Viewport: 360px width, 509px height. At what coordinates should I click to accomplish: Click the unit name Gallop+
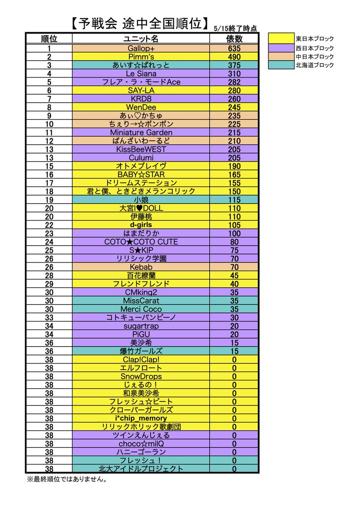[x=141, y=48]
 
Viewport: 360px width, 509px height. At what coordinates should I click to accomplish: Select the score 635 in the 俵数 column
[x=233, y=48]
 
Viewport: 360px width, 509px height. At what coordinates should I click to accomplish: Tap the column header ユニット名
[x=141, y=39]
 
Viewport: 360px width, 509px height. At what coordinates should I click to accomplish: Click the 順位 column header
[x=49, y=39]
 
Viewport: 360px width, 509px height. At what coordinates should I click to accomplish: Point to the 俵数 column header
[x=233, y=39]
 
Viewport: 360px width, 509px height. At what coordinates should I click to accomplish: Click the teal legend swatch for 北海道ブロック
[x=281, y=65]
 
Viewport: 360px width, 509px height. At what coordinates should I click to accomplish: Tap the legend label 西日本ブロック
[x=315, y=48]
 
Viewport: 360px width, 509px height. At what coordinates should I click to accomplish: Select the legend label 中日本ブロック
[x=315, y=56]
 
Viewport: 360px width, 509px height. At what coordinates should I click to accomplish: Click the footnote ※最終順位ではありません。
[x=67, y=480]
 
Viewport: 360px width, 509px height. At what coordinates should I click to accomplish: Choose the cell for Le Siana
[x=141, y=74]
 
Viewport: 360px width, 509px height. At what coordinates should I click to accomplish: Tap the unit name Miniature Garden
[x=141, y=132]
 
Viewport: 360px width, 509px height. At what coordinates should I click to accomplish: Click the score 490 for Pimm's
[x=233, y=57]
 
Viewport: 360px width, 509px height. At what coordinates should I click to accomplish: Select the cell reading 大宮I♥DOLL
[x=141, y=208]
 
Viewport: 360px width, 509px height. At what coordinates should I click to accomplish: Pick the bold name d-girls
[x=141, y=225]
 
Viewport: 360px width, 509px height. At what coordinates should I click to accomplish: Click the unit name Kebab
[x=141, y=267]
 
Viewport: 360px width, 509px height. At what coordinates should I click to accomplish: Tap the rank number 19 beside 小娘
[x=49, y=200]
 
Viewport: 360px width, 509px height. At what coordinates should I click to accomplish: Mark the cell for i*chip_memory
[x=141, y=418]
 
